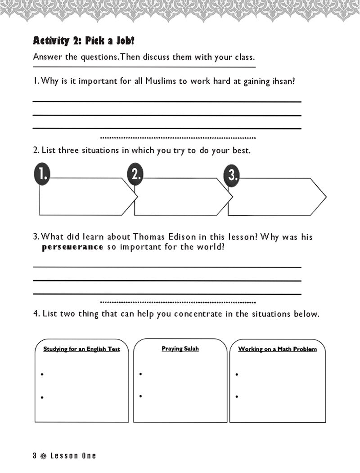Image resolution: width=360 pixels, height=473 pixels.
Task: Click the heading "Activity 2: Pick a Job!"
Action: click(84, 41)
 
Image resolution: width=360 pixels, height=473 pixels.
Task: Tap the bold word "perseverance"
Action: click(72, 247)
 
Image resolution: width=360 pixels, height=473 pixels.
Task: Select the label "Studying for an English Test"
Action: click(81, 349)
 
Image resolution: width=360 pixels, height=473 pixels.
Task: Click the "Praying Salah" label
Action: click(180, 348)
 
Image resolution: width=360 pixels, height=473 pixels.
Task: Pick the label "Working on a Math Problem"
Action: click(278, 349)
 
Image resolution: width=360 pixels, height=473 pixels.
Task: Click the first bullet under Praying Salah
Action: click(141, 374)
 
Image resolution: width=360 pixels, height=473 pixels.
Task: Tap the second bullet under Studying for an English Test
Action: click(42, 397)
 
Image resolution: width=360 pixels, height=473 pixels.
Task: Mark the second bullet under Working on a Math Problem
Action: click(237, 397)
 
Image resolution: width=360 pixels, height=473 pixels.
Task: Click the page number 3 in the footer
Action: click(34, 456)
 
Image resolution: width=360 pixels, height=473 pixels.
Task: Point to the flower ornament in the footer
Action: click(43, 456)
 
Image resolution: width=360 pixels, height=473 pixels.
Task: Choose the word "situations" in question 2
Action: click(101, 151)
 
